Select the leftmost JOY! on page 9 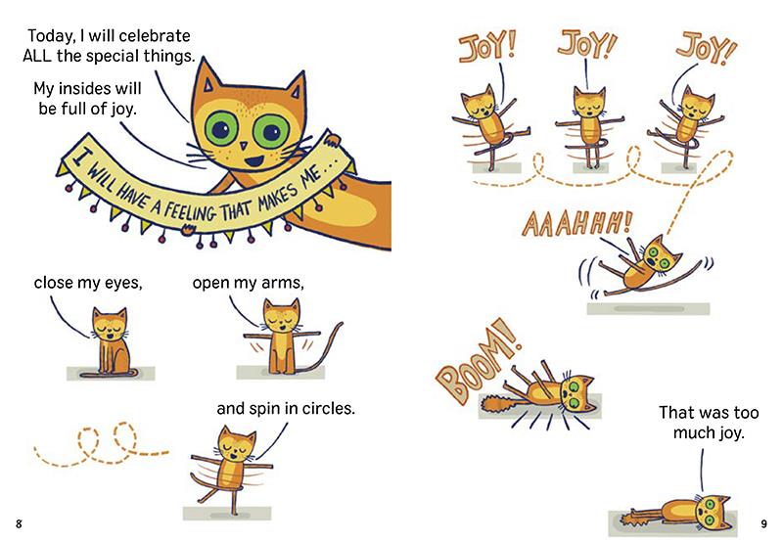pos(483,46)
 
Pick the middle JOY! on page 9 pos(584,44)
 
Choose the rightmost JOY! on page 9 pos(701,44)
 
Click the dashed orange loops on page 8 pos(98,445)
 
